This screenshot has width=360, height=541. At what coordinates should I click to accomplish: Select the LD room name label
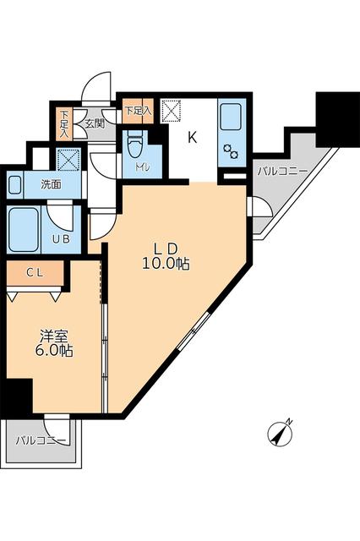click(165, 249)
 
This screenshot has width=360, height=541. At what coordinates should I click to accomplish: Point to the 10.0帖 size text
click(166, 264)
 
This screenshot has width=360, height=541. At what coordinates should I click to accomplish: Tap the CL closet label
click(34, 272)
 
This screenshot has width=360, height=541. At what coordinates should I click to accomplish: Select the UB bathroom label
click(61, 239)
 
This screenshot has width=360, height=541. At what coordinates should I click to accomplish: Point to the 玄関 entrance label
click(93, 123)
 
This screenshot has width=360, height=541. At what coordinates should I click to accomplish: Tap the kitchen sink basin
click(230, 117)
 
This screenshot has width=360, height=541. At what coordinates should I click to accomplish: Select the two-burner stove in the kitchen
click(230, 153)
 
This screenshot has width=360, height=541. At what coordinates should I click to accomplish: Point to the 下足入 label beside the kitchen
click(137, 110)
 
